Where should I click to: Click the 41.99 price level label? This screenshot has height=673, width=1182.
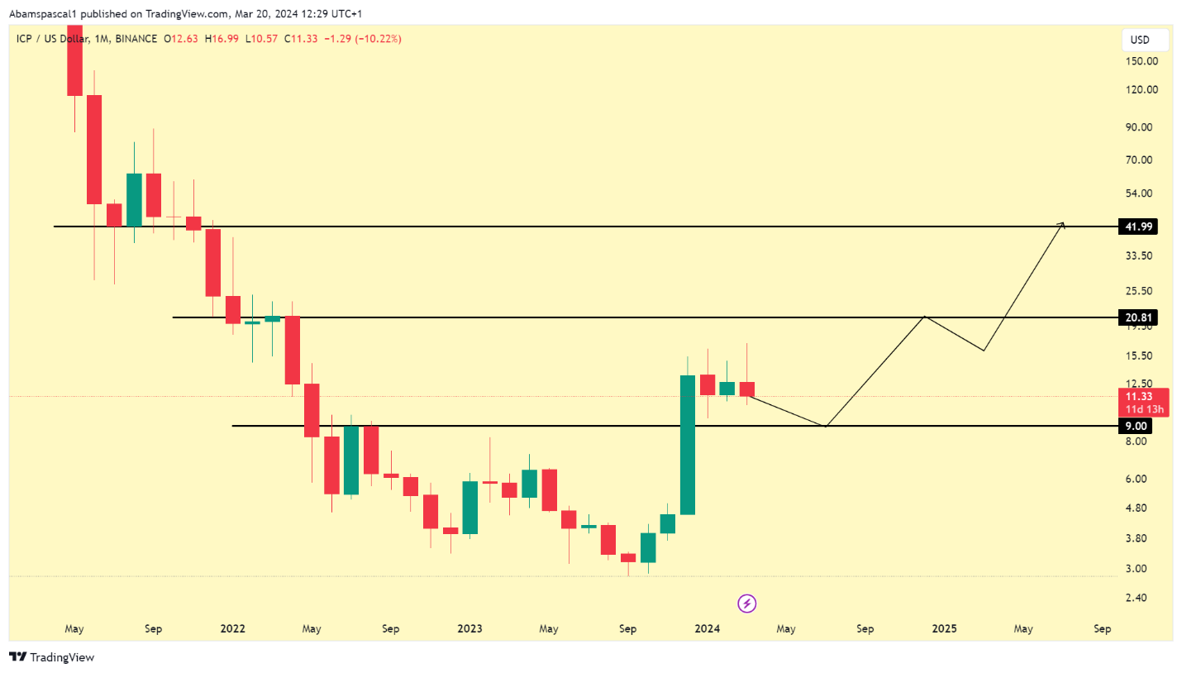(x=1137, y=227)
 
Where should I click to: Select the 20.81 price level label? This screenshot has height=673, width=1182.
(x=1137, y=317)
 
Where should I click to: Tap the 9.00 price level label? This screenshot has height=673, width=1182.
(x=1137, y=426)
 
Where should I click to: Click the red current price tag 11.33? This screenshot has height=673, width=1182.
(x=1145, y=396)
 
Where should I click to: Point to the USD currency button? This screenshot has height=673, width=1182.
(x=1144, y=40)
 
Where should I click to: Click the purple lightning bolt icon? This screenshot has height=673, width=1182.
(x=747, y=604)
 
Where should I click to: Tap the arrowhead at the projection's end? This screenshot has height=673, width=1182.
(x=1062, y=224)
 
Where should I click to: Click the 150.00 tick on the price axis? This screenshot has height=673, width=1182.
(x=1141, y=61)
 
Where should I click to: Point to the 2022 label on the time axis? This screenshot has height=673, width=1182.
(x=233, y=629)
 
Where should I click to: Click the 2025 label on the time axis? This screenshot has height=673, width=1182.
(x=944, y=629)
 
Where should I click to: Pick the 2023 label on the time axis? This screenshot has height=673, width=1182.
(x=469, y=629)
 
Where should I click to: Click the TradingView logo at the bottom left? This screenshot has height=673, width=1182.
(x=52, y=657)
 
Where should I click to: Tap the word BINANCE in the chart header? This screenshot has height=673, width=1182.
(x=137, y=39)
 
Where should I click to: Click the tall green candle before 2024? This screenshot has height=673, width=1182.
(x=687, y=445)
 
